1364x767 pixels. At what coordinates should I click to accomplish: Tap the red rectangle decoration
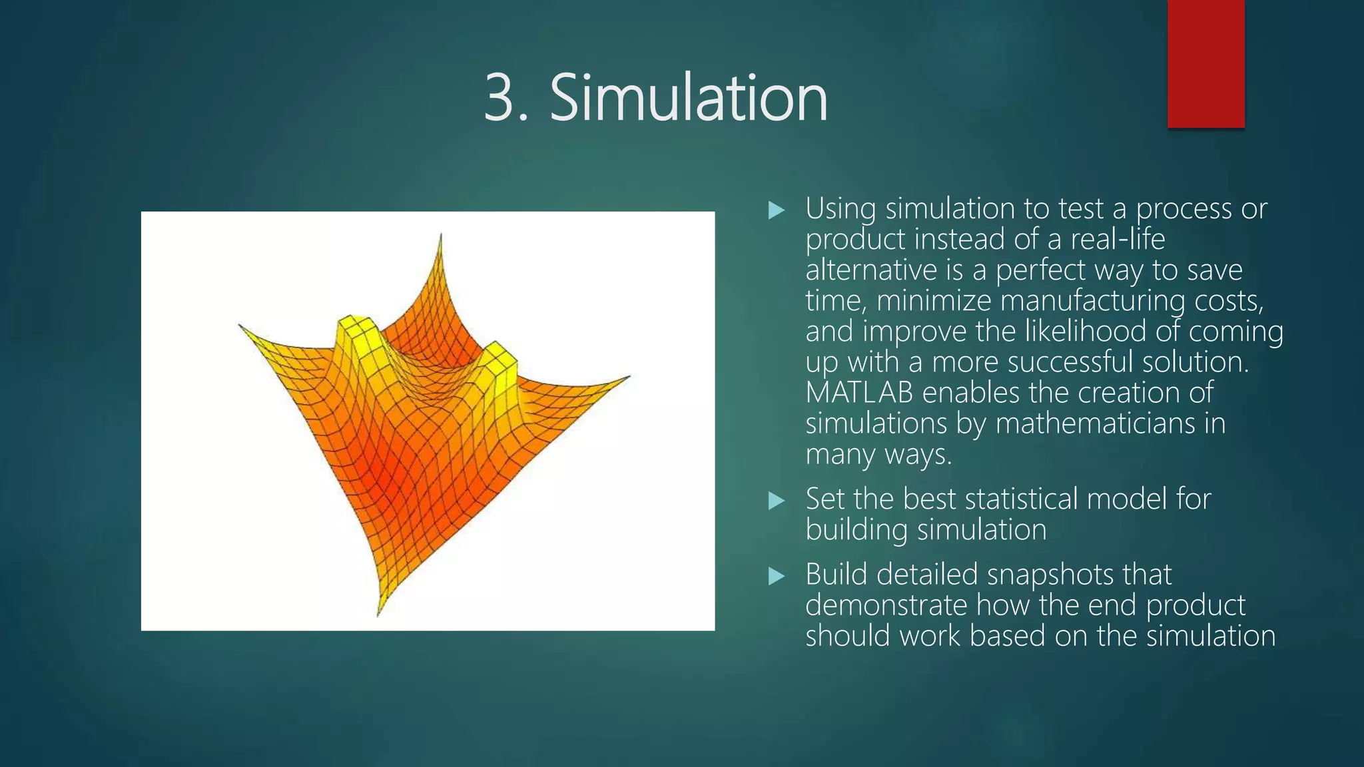click(1205, 64)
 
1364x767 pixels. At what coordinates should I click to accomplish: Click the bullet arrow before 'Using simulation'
click(776, 211)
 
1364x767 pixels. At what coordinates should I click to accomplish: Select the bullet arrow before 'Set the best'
click(776, 501)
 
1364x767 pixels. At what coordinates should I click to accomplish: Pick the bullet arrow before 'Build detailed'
click(776, 576)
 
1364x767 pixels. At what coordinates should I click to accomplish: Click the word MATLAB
click(858, 393)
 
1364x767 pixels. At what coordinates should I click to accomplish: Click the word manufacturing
click(1092, 301)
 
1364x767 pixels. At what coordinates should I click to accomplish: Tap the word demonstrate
click(886, 605)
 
